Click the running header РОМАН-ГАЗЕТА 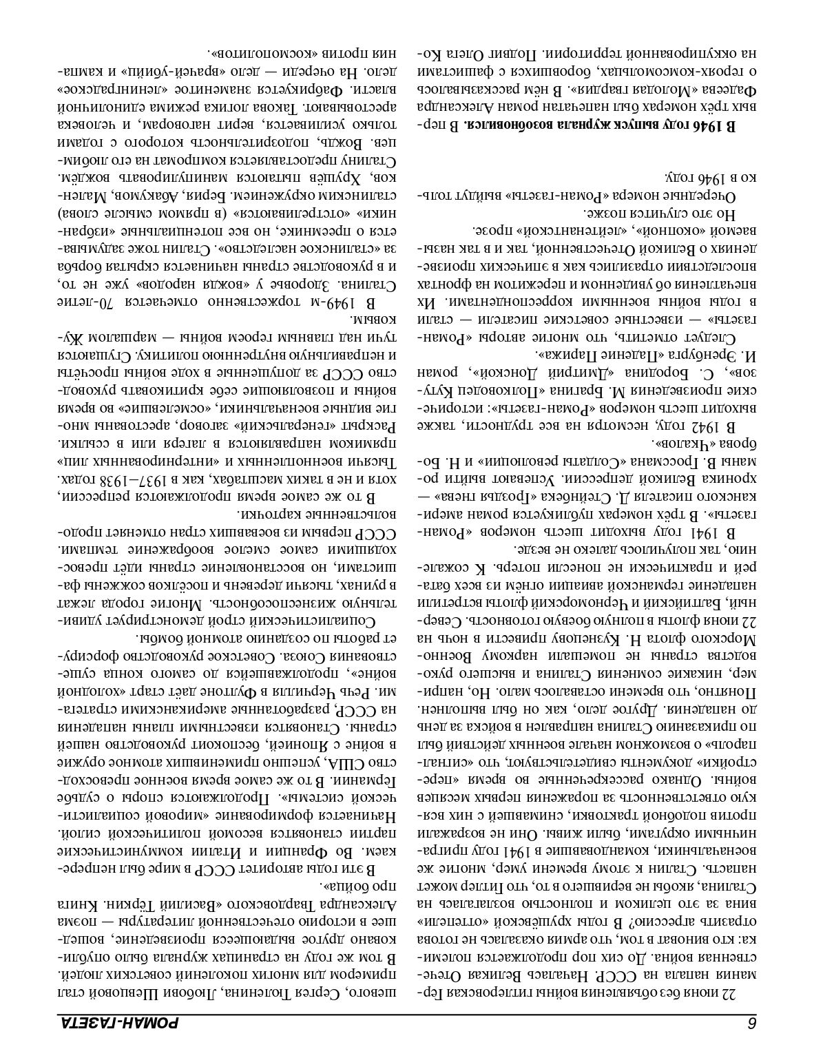pyautogui.click(x=118, y=1022)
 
